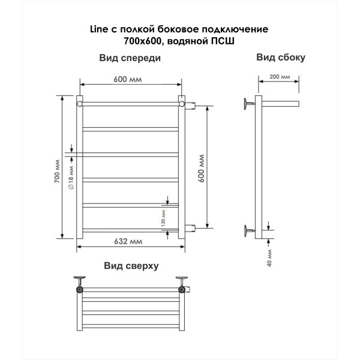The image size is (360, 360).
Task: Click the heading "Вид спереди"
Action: (130, 58)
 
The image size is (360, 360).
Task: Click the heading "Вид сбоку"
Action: (281, 58)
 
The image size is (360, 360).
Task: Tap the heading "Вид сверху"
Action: (131, 266)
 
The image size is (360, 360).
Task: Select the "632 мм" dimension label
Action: (128, 241)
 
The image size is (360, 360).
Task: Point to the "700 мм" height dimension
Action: (57, 171)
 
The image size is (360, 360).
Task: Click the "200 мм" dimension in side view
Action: (280, 76)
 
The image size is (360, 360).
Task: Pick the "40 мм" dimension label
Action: (269, 258)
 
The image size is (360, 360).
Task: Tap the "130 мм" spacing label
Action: (163, 218)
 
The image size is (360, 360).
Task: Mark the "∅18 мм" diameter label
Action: (71, 178)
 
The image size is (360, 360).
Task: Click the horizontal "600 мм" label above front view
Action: (128, 79)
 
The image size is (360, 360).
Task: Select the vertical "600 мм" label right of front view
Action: (201, 169)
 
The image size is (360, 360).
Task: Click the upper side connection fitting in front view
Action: (190, 106)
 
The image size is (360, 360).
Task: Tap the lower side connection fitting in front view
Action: (190, 228)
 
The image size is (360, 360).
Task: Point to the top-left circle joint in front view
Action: (79, 104)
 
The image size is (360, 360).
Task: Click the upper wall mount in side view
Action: (250, 104)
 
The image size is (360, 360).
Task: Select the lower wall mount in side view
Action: (250, 231)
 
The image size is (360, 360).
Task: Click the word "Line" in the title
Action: (99, 29)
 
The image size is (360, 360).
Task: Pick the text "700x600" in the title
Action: (142, 41)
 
